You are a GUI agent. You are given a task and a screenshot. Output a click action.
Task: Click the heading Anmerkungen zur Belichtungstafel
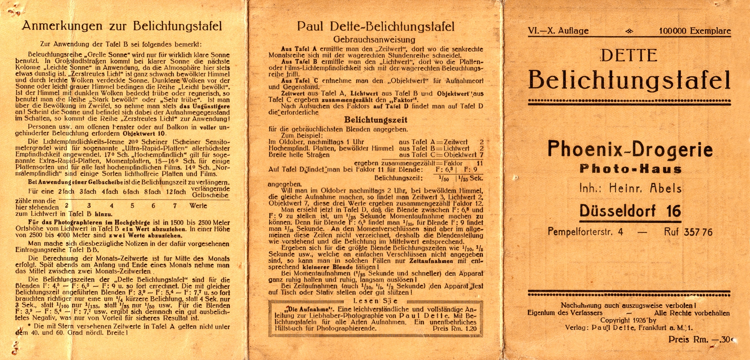click(x=122, y=26)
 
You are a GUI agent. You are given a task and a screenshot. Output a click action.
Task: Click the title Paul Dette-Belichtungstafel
click(x=375, y=26)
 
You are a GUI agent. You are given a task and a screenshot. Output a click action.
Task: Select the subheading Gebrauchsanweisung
click(x=374, y=40)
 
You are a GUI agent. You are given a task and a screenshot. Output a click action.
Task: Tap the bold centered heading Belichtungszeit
click(x=376, y=120)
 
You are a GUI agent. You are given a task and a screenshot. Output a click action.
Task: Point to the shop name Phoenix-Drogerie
click(x=630, y=149)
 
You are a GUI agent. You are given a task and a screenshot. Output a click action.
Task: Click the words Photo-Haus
click(x=630, y=169)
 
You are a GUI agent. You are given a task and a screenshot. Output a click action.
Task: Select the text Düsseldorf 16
click(x=630, y=211)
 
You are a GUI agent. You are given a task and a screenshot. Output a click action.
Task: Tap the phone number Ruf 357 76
click(x=688, y=232)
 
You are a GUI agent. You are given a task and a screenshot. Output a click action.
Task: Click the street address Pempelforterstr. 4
click(x=585, y=232)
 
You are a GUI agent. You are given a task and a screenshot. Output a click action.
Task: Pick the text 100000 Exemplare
click(x=694, y=31)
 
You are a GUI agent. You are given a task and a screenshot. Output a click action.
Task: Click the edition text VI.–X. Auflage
click(x=558, y=31)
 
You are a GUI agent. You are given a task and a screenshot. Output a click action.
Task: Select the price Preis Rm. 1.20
click(x=454, y=328)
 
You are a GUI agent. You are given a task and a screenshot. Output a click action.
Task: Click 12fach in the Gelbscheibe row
click(x=176, y=192)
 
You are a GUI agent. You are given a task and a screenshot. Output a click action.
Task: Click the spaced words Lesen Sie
click(x=375, y=301)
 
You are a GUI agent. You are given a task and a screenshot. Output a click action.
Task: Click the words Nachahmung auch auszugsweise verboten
click(x=628, y=306)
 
